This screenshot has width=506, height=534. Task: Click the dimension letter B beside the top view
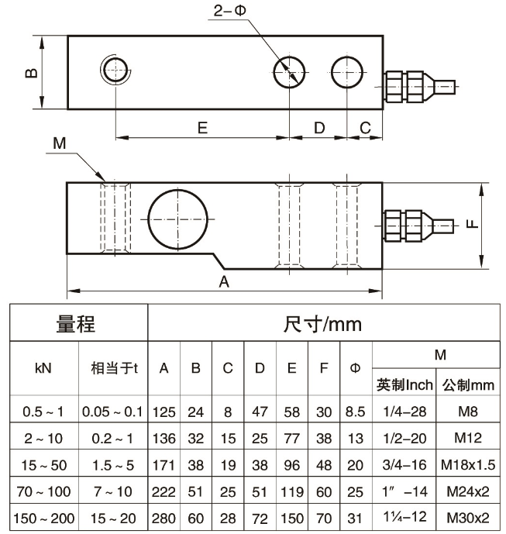32,73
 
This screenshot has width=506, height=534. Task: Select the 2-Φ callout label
229,11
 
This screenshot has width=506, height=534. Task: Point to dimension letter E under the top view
202,128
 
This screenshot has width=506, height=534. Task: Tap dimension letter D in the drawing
319,128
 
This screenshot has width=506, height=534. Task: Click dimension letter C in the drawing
365,128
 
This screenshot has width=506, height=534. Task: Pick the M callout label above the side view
60,143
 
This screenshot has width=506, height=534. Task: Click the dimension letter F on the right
472,224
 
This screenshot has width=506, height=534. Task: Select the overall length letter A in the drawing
224,282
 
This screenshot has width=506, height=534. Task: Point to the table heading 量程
76,323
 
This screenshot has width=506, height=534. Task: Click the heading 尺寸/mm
322,324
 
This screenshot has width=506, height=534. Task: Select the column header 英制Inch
404,385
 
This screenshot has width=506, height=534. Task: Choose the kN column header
43,368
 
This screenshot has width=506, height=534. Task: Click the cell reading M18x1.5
468,465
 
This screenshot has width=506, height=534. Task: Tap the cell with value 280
164,518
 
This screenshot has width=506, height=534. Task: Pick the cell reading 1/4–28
404,412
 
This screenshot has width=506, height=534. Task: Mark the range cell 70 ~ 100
43,492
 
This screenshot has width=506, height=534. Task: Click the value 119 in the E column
292,492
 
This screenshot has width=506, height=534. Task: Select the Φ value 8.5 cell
355,412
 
